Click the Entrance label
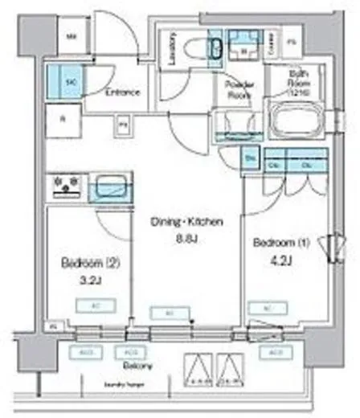tap(122, 92)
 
